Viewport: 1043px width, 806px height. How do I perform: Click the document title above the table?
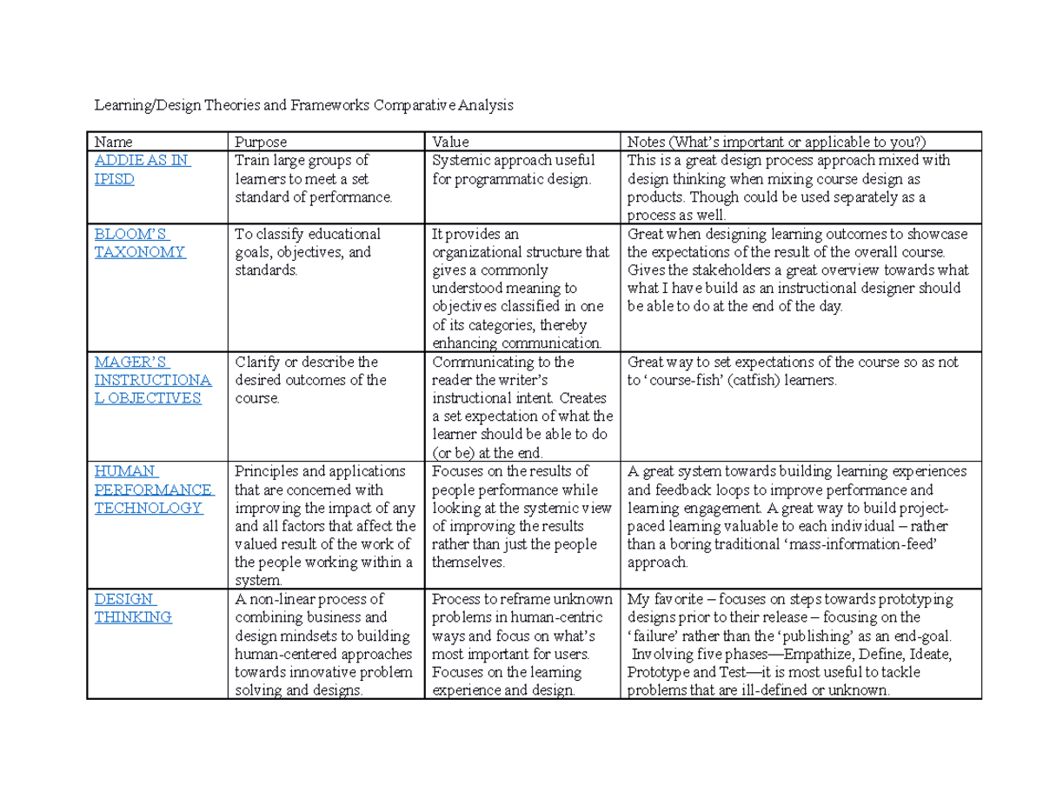(304, 106)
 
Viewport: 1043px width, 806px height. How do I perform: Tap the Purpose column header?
(261, 142)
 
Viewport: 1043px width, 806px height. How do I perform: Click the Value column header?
(450, 142)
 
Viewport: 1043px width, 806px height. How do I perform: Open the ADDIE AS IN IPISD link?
(143, 170)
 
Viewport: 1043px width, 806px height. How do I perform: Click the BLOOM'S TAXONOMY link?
(140, 243)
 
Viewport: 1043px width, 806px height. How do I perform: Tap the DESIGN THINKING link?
(133, 608)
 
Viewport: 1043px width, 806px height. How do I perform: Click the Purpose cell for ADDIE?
(313, 178)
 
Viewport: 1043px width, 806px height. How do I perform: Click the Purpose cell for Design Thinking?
(322, 645)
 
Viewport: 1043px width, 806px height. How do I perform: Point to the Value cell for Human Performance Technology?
(520, 517)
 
